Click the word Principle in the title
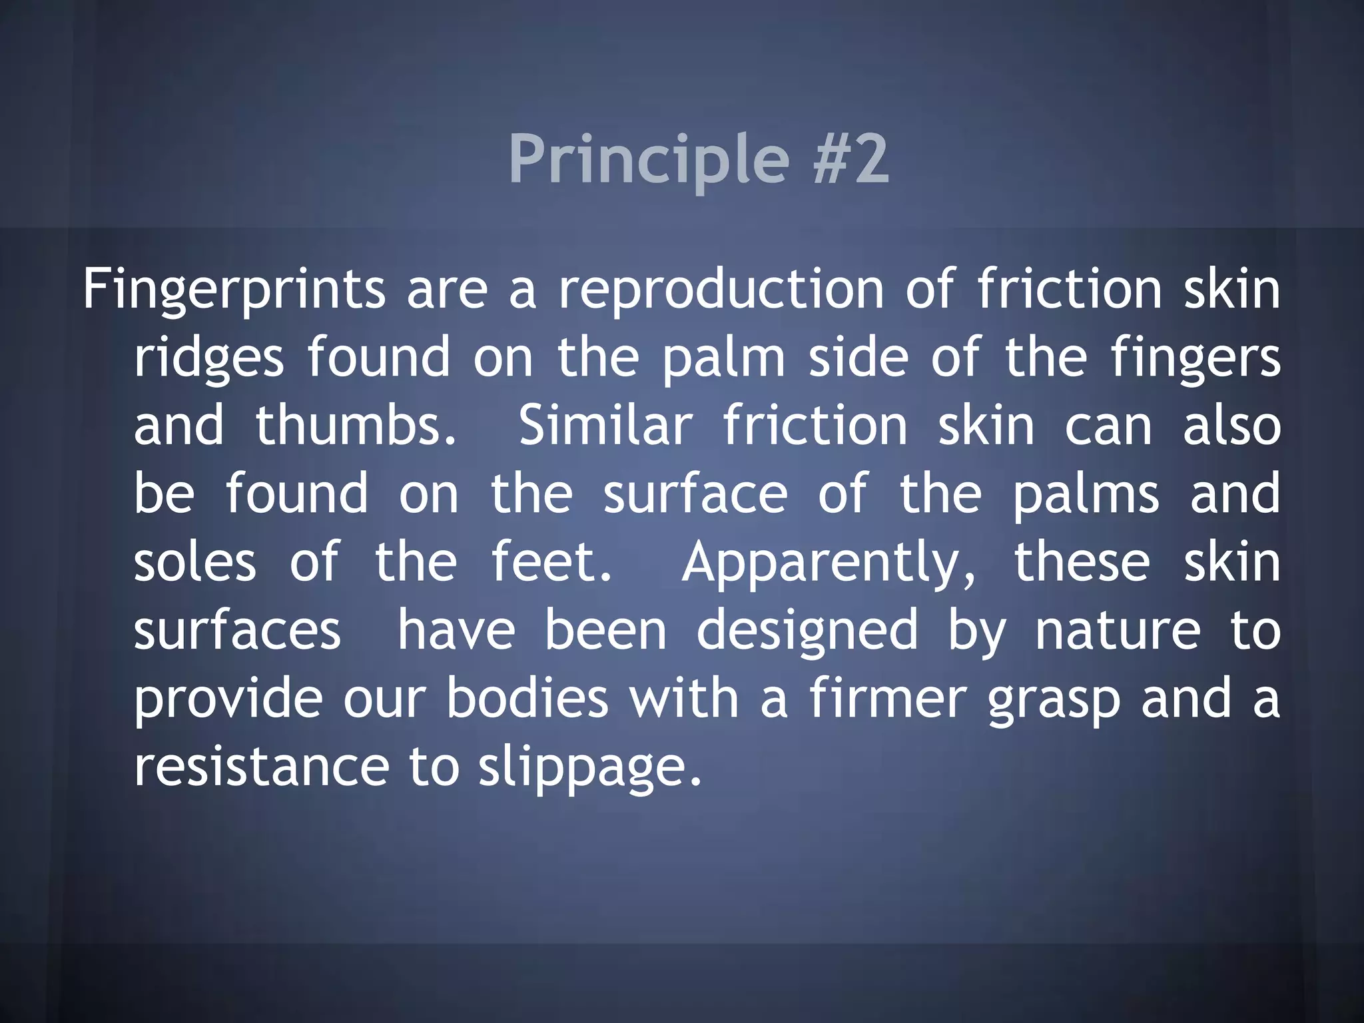[649, 160]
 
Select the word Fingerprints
[234, 290]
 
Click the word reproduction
[721, 290]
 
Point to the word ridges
[209, 359]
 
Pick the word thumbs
[356, 426]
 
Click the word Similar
[605, 426]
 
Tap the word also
[1231, 426]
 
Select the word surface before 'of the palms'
[695, 494]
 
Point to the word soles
[194, 562]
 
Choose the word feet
[551, 562]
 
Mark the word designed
[807, 631]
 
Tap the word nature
[1118, 630]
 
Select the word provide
[228, 700]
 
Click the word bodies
[527, 699]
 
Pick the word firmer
[887, 699]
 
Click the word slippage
[590, 768]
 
